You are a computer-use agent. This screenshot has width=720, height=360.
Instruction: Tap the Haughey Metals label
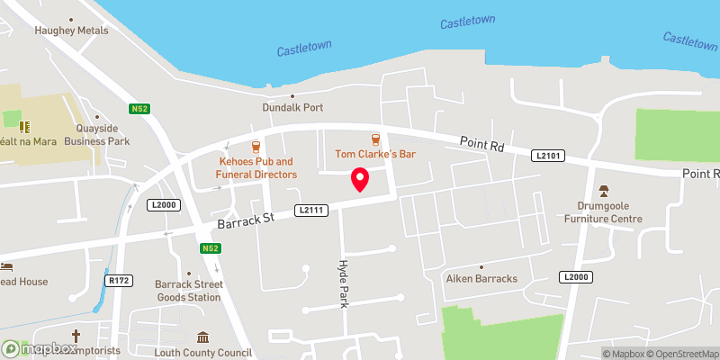click(x=71, y=31)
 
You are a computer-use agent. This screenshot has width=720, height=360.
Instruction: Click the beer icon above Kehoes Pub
click(x=256, y=146)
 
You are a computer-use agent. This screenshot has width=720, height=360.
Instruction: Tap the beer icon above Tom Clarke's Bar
click(x=375, y=139)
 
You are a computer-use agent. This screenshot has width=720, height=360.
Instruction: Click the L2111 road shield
click(x=309, y=210)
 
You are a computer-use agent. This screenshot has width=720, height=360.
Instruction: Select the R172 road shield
click(x=120, y=281)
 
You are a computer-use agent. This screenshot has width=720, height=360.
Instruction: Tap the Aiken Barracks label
click(x=482, y=279)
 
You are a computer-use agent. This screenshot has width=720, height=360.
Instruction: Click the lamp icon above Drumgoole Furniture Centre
click(x=603, y=191)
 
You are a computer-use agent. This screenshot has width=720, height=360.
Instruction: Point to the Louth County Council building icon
click(x=203, y=337)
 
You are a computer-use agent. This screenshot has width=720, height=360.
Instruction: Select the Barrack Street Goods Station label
click(x=187, y=290)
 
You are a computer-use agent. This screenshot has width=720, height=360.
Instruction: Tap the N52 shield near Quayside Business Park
click(x=139, y=109)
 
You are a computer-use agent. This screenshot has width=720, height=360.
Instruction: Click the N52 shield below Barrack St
click(x=209, y=247)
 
